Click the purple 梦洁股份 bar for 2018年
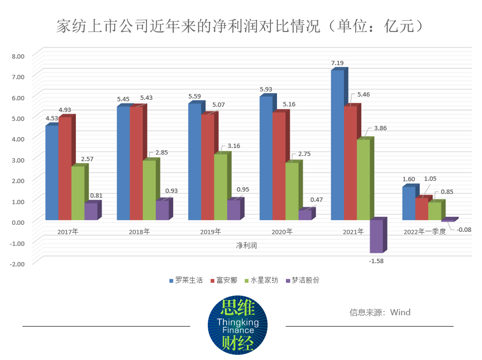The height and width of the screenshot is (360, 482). [162, 210]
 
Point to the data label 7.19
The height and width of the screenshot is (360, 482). [338, 63]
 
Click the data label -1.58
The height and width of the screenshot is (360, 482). [376, 261]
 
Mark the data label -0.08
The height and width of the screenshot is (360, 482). [465, 229]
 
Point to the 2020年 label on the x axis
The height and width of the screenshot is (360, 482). [282, 232]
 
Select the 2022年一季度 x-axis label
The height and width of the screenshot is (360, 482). [424, 232]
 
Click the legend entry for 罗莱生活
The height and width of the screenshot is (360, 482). [186, 280]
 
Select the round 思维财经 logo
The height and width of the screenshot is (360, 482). [237, 325]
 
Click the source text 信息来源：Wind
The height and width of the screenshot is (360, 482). [380, 312]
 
